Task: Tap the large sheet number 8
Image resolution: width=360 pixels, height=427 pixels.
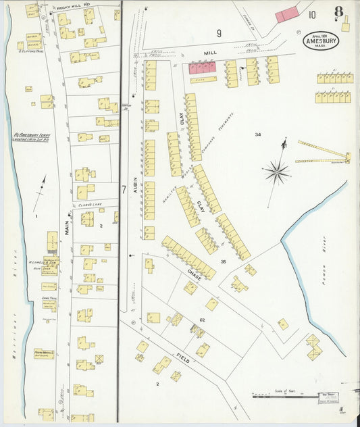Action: point(338,12)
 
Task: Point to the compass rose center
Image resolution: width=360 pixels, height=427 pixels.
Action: point(277,172)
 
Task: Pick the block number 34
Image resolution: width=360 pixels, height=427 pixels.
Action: point(257,135)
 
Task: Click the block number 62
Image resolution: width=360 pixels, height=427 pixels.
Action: point(202,319)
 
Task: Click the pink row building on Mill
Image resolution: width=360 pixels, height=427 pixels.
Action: point(203,68)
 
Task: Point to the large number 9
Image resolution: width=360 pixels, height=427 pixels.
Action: point(219,32)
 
